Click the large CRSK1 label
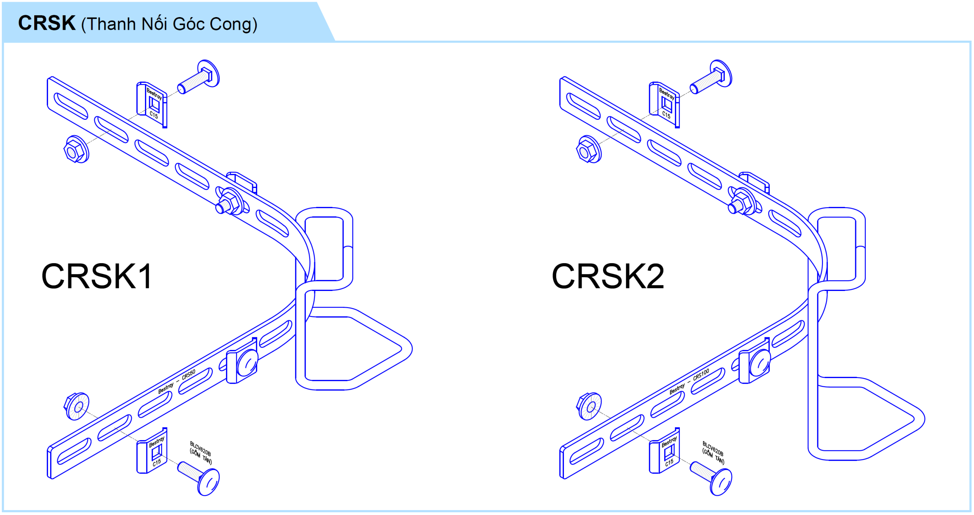pyautogui.click(x=97, y=277)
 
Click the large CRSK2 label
pyautogui.click(x=608, y=277)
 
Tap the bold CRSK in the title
pyautogui.click(x=46, y=23)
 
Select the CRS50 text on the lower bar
pyautogui.click(x=189, y=374)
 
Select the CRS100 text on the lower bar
pyautogui.click(x=701, y=374)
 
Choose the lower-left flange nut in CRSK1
pyautogui.click(x=76, y=407)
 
